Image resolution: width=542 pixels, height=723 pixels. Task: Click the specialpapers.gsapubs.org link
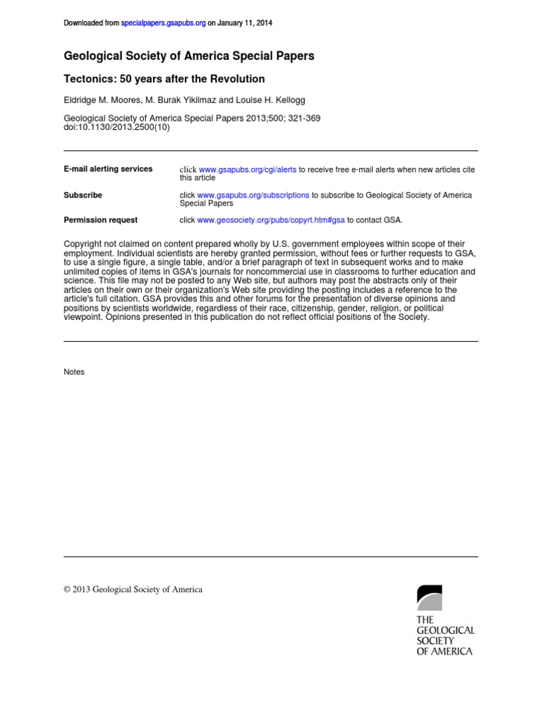tap(164, 23)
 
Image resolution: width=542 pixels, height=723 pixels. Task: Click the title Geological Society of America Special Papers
tap(189, 56)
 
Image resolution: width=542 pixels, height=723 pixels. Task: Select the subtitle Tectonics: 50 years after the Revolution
tap(164, 79)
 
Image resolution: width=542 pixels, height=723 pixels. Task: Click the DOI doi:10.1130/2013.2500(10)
tap(117, 128)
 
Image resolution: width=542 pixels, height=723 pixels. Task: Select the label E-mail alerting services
tap(108, 169)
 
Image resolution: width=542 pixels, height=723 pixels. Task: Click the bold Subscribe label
tap(83, 195)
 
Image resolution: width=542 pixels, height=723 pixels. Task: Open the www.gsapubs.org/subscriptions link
tap(253, 195)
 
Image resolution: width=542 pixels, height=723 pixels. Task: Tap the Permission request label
tap(101, 220)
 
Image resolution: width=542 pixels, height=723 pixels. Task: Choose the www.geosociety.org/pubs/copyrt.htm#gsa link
tap(271, 220)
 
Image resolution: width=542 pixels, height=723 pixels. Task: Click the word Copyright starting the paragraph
tap(82, 244)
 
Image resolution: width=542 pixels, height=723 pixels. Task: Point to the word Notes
tap(74, 372)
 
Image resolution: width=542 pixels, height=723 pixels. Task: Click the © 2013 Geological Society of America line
tap(133, 590)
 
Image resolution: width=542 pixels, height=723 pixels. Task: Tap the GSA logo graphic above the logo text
tap(429, 597)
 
